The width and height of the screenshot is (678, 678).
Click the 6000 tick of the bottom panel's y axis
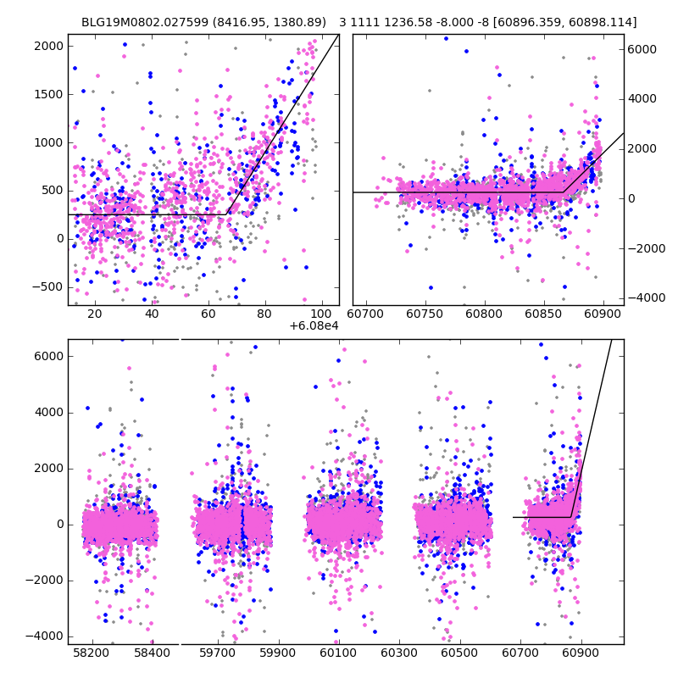(49, 356)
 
